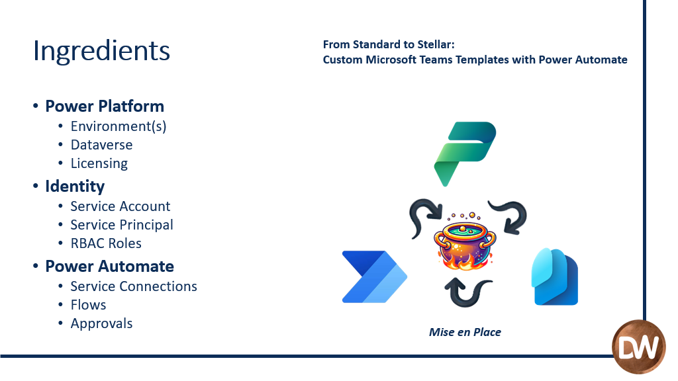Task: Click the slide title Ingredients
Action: coord(101,51)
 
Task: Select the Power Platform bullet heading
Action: coord(105,106)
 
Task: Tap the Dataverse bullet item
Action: coord(101,145)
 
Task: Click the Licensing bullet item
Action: coord(99,164)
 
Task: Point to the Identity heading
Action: coord(75,187)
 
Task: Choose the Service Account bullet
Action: coord(121,206)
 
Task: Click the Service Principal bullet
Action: coord(122,225)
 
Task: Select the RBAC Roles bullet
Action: coord(106,243)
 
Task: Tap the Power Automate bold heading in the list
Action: coord(109,267)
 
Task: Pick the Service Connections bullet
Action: coord(134,286)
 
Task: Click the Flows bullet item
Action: coord(88,305)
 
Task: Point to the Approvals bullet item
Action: coord(101,324)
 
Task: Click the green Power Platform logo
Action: coord(465,153)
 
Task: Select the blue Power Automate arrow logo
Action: coord(375,277)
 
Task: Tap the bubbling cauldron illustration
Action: coord(465,241)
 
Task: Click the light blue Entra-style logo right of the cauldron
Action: coord(555,277)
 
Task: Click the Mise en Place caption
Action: coord(465,332)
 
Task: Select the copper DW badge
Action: coord(639,347)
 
